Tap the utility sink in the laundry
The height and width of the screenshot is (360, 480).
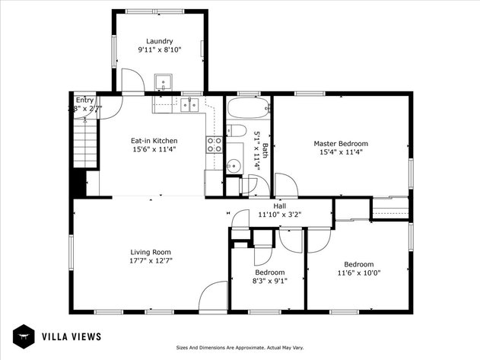coord(164,81)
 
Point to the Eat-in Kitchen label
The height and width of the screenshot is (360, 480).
coord(154,141)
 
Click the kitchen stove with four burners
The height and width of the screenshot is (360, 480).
coord(214,145)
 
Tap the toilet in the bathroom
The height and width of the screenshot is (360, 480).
coord(236,130)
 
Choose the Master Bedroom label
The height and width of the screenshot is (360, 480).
coord(341,143)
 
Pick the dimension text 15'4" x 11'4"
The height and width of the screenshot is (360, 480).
coord(341,152)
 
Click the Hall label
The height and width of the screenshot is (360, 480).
coord(280,205)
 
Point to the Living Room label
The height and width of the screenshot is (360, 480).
coord(150,252)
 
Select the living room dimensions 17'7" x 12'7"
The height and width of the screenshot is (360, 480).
coord(150,261)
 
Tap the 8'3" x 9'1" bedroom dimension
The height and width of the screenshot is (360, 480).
coord(269,281)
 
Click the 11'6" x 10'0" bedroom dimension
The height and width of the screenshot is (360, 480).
coord(358,273)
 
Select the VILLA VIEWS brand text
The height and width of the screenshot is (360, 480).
coord(71,336)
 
